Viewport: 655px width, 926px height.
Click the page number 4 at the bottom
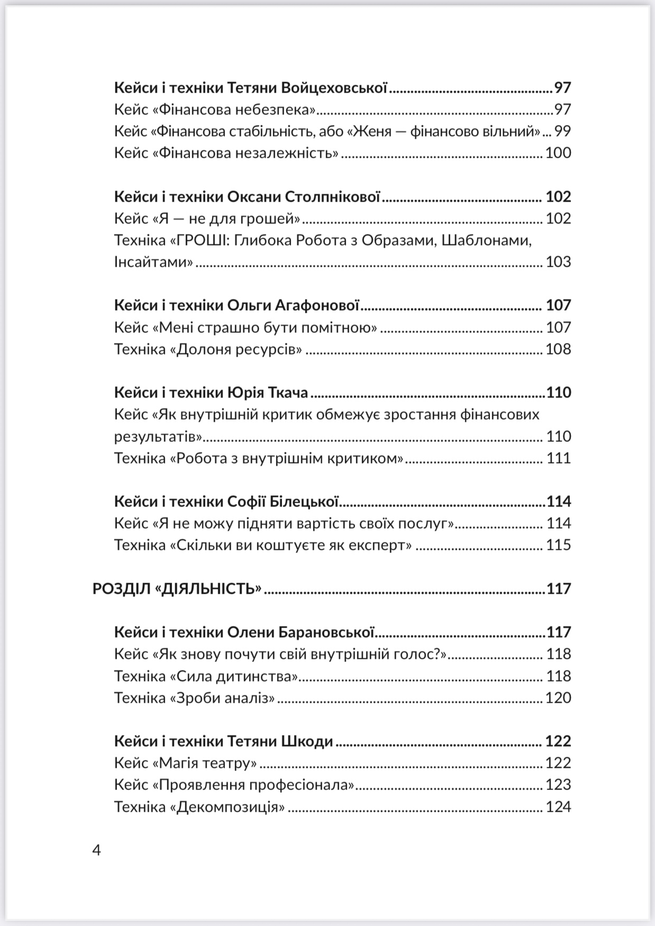(96, 850)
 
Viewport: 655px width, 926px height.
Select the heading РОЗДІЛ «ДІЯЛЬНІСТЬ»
(177, 588)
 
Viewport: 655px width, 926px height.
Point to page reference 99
(562, 131)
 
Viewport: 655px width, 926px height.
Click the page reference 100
(558, 153)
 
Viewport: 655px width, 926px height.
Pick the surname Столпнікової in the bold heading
(333, 197)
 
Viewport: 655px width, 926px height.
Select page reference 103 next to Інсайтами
(558, 262)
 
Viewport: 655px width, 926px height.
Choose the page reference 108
(558, 349)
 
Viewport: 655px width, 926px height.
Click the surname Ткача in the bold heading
(290, 393)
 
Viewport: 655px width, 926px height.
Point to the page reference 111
(559, 458)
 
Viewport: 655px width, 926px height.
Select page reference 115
(559, 545)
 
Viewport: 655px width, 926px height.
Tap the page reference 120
(558, 698)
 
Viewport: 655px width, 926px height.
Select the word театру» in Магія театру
(230, 763)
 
